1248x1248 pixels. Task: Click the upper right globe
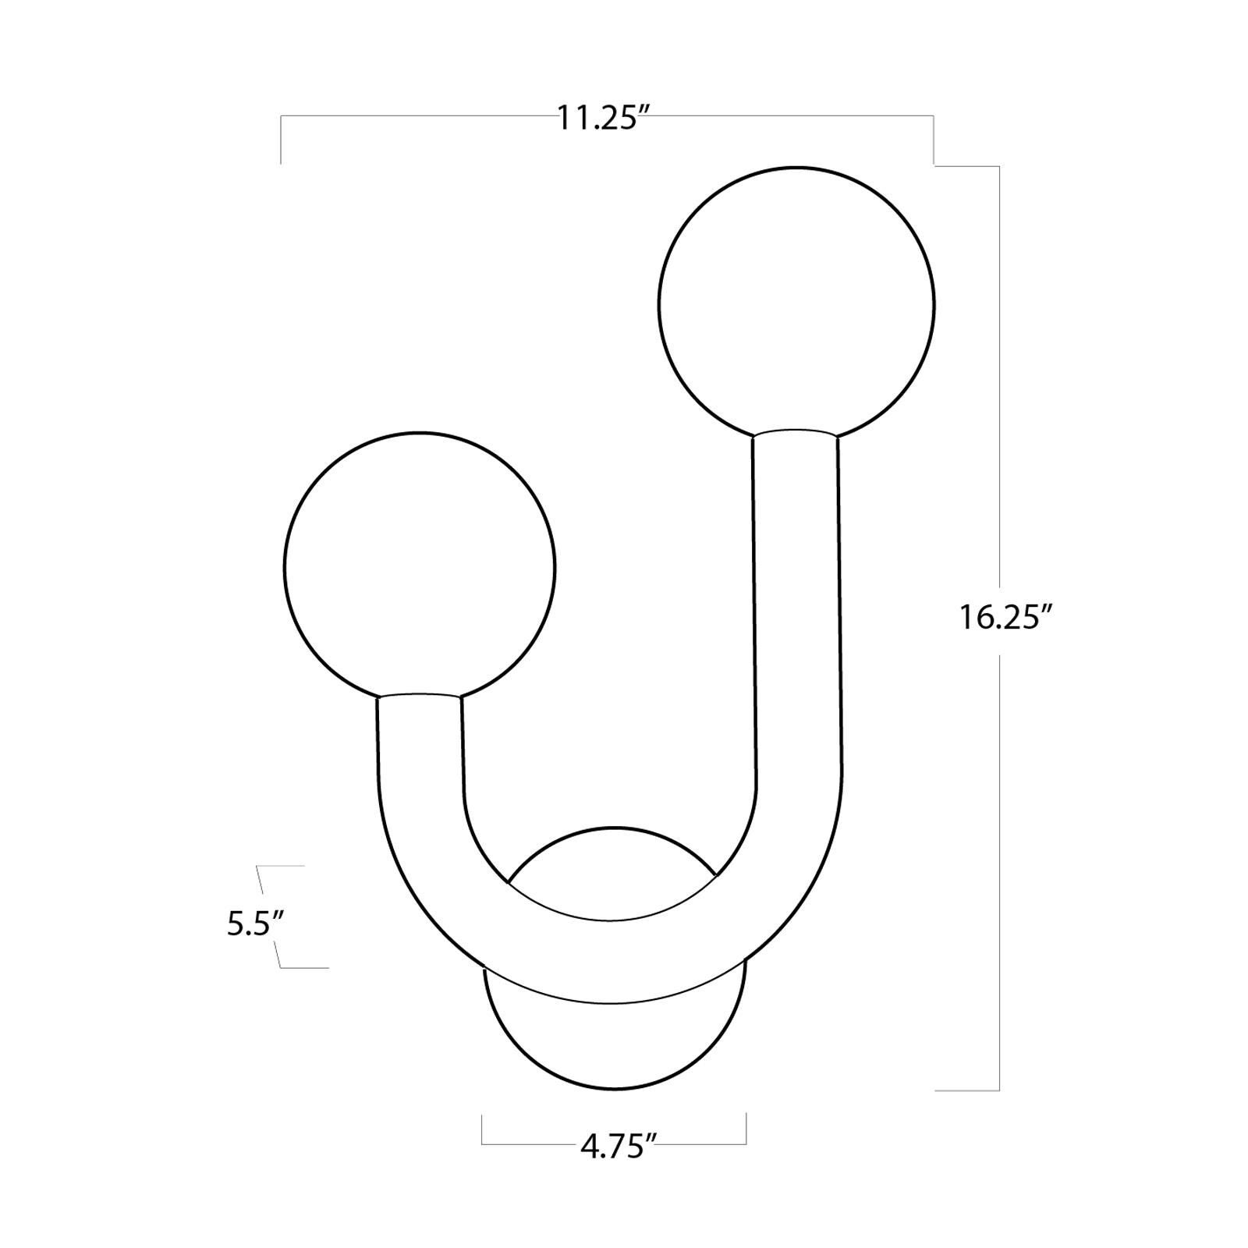[796, 304]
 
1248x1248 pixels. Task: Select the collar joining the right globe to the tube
[796, 433]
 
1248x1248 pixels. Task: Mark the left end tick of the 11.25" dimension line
[281, 140]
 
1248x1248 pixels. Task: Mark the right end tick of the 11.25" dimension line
[934, 140]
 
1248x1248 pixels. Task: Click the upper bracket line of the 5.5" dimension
[281, 866]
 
